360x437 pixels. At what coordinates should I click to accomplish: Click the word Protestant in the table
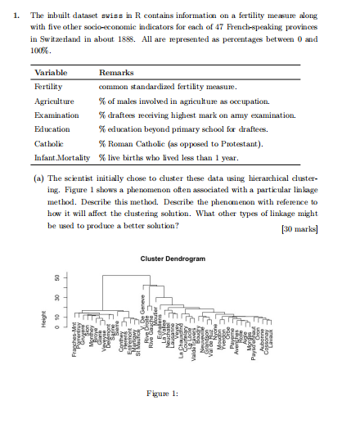[x=238, y=143]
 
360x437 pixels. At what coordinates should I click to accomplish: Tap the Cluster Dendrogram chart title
[x=173, y=259]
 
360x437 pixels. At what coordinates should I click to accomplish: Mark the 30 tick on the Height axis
[x=60, y=299]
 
